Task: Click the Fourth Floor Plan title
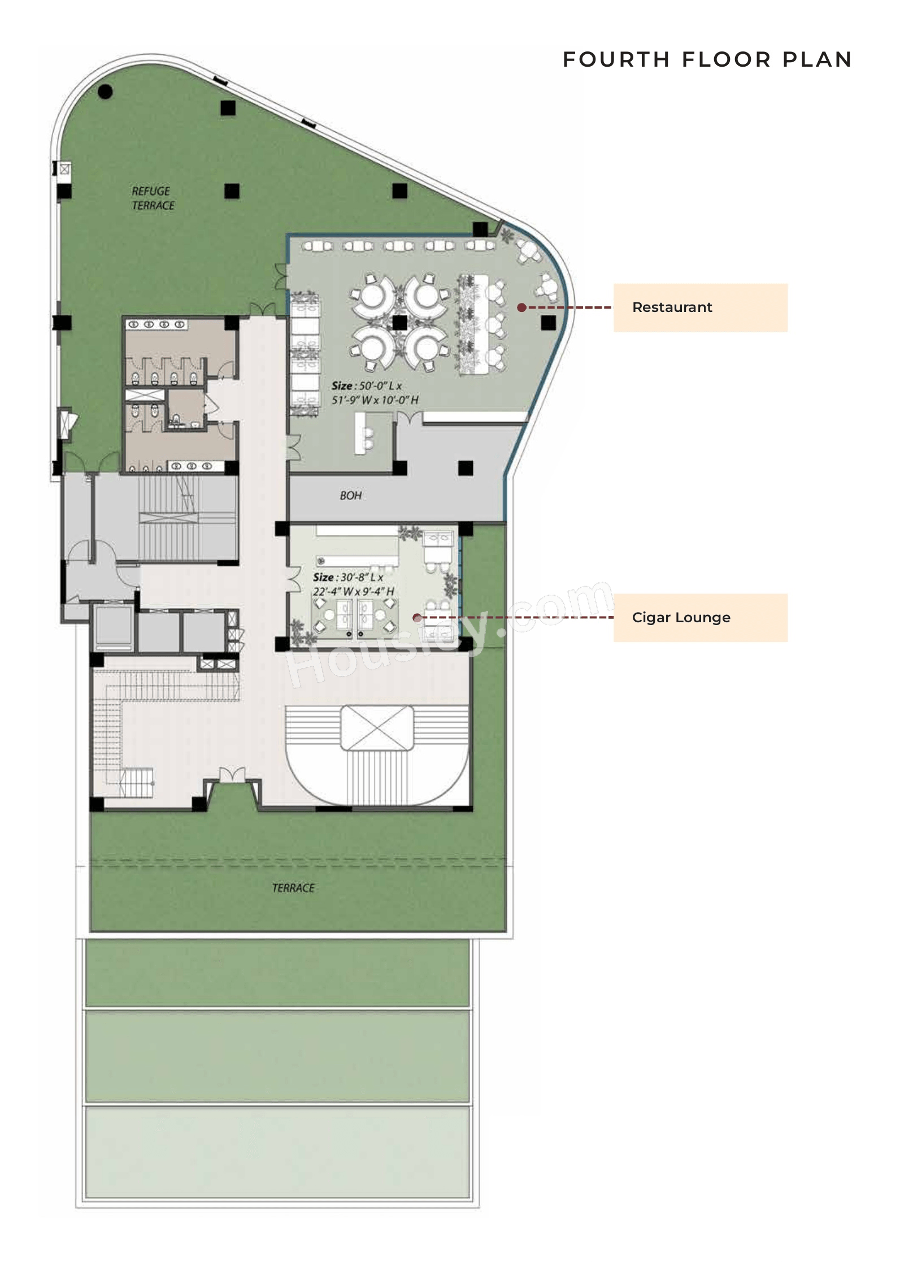click(707, 59)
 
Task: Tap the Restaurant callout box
click(700, 307)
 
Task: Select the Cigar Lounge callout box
click(700, 617)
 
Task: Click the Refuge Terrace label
click(153, 198)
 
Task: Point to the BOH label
click(350, 496)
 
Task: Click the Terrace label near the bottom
click(293, 888)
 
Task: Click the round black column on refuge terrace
click(105, 92)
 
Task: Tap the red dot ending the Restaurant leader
click(522, 307)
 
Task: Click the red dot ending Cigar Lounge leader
click(417, 618)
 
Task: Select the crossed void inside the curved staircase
click(377, 727)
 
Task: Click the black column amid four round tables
click(399, 323)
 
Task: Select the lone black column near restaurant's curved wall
click(548, 323)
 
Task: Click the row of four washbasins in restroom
click(156, 324)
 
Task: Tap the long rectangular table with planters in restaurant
click(473, 324)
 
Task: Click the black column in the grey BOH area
click(466, 467)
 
